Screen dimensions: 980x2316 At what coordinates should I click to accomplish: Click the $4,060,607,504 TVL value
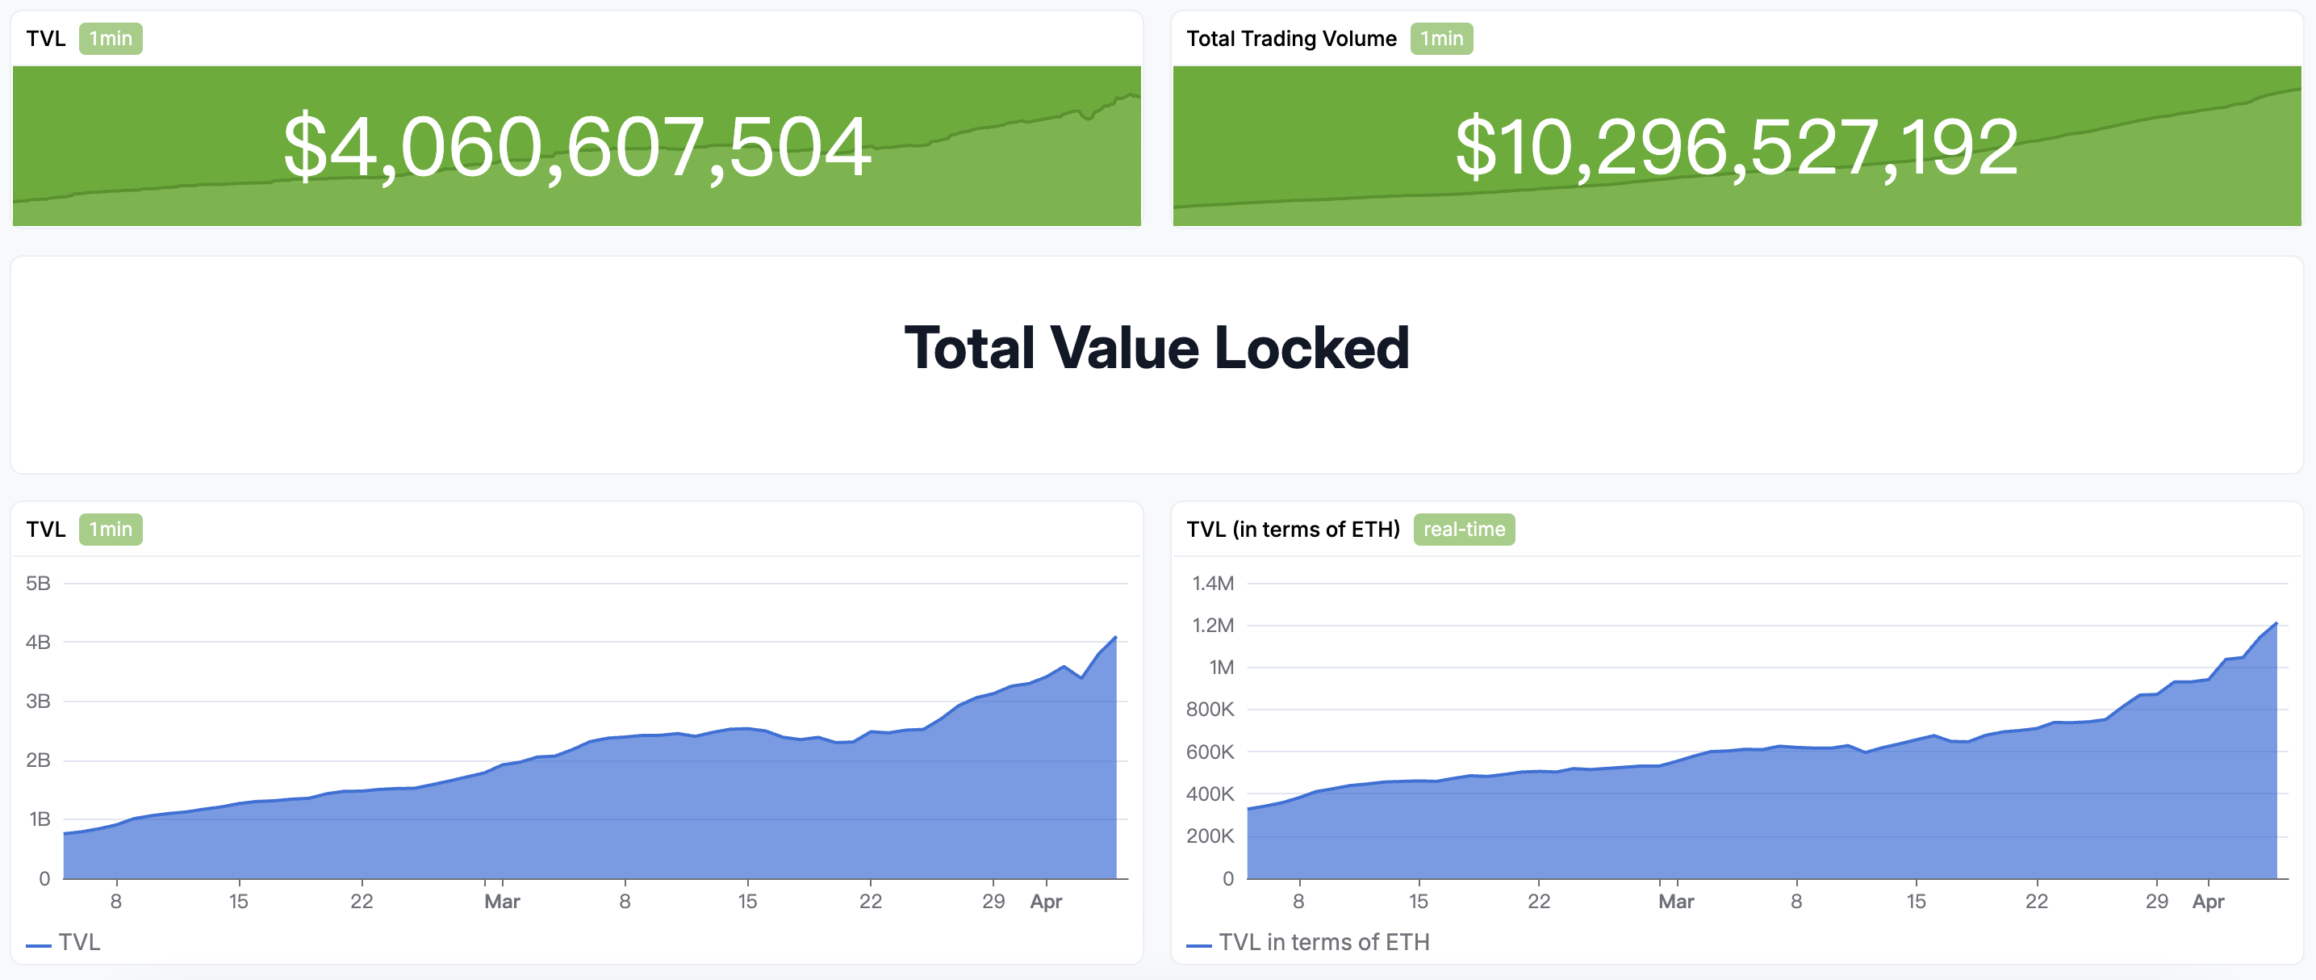pos(576,147)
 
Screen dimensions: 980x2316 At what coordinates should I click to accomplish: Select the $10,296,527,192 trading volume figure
pos(1736,147)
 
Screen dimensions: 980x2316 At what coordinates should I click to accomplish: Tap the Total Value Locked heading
pos(1156,348)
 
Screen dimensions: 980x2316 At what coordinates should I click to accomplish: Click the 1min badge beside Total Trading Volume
pos(1440,39)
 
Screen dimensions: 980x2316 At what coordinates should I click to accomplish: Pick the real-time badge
pos(1463,530)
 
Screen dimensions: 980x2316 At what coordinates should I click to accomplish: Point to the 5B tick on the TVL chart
pos(39,584)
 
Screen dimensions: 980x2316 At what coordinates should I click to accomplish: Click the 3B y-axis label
pos(39,701)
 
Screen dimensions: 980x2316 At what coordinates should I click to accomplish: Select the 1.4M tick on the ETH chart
pos(1212,584)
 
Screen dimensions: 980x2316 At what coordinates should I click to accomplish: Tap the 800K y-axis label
pos(1210,710)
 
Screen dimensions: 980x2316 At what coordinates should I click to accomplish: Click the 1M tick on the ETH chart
pos(1220,667)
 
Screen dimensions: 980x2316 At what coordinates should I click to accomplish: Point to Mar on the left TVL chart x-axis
pos(502,901)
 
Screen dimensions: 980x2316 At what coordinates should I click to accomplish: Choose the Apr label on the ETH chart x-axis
pos(2207,901)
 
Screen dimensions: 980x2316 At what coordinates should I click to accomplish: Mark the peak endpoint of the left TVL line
pos(1115,638)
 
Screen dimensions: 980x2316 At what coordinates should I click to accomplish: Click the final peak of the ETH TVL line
pos(2276,623)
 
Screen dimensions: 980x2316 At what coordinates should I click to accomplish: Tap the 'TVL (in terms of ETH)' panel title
pos(1292,530)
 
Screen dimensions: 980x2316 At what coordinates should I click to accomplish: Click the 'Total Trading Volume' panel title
pos(1290,39)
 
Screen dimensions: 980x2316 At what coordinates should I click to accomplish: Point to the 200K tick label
pos(1210,836)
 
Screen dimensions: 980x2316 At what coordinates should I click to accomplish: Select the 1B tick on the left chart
pos(39,819)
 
